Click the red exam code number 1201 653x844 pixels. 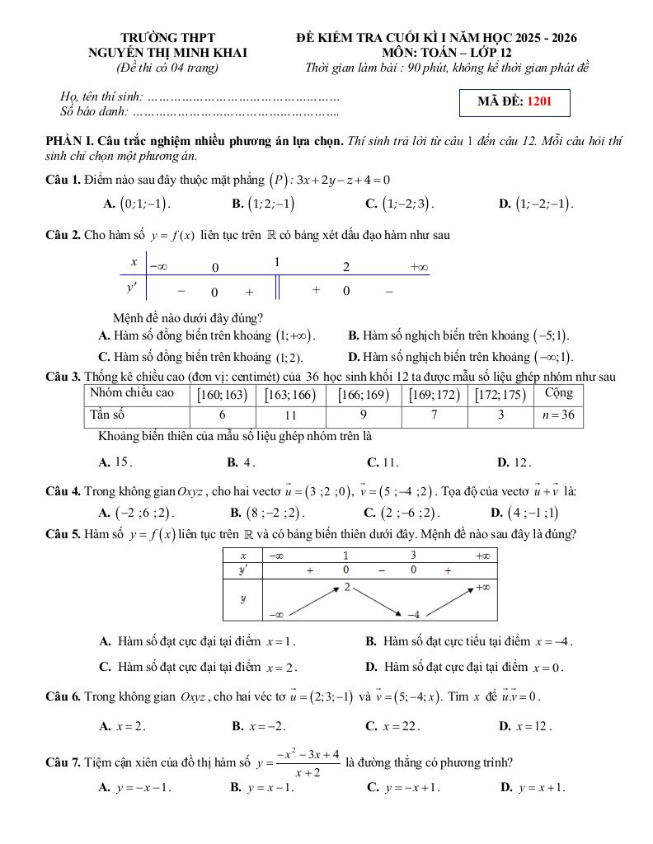coord(538,102)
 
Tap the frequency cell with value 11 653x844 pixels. coord(290,416)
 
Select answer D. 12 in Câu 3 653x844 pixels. coord(514,462)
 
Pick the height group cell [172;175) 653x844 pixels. coord(501,395)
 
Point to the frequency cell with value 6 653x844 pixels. coord(223,416)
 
